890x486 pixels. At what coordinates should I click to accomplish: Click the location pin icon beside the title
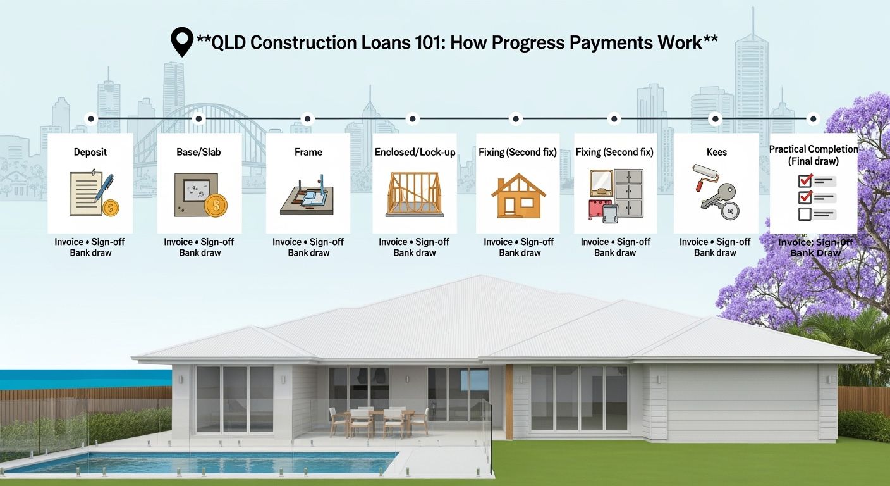click(182, 41)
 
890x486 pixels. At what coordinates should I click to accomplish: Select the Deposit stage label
click(90, 153)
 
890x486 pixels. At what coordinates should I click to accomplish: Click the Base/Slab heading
click(198, 152)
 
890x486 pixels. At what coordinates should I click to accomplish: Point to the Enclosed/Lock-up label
click(415, 153)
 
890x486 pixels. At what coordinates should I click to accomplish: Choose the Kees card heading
click(716, 152)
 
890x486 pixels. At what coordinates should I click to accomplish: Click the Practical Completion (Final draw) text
click(814, 155)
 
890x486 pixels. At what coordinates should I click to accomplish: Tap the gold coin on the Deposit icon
click(111, 208)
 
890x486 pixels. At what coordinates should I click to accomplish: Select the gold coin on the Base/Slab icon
click(216, 206)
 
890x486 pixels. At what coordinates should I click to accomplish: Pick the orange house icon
click(518, 196)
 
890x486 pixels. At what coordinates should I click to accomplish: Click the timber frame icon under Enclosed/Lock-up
click(415, 194)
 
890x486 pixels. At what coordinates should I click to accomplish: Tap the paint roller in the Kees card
click(705, 177)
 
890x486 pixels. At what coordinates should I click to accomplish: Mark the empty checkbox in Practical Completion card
click(805, 215)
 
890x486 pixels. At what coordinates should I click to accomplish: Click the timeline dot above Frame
click(307, 119)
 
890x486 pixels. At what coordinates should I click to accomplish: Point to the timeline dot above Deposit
click(91, 119)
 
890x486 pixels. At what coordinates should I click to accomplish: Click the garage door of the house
click(742, 402)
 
